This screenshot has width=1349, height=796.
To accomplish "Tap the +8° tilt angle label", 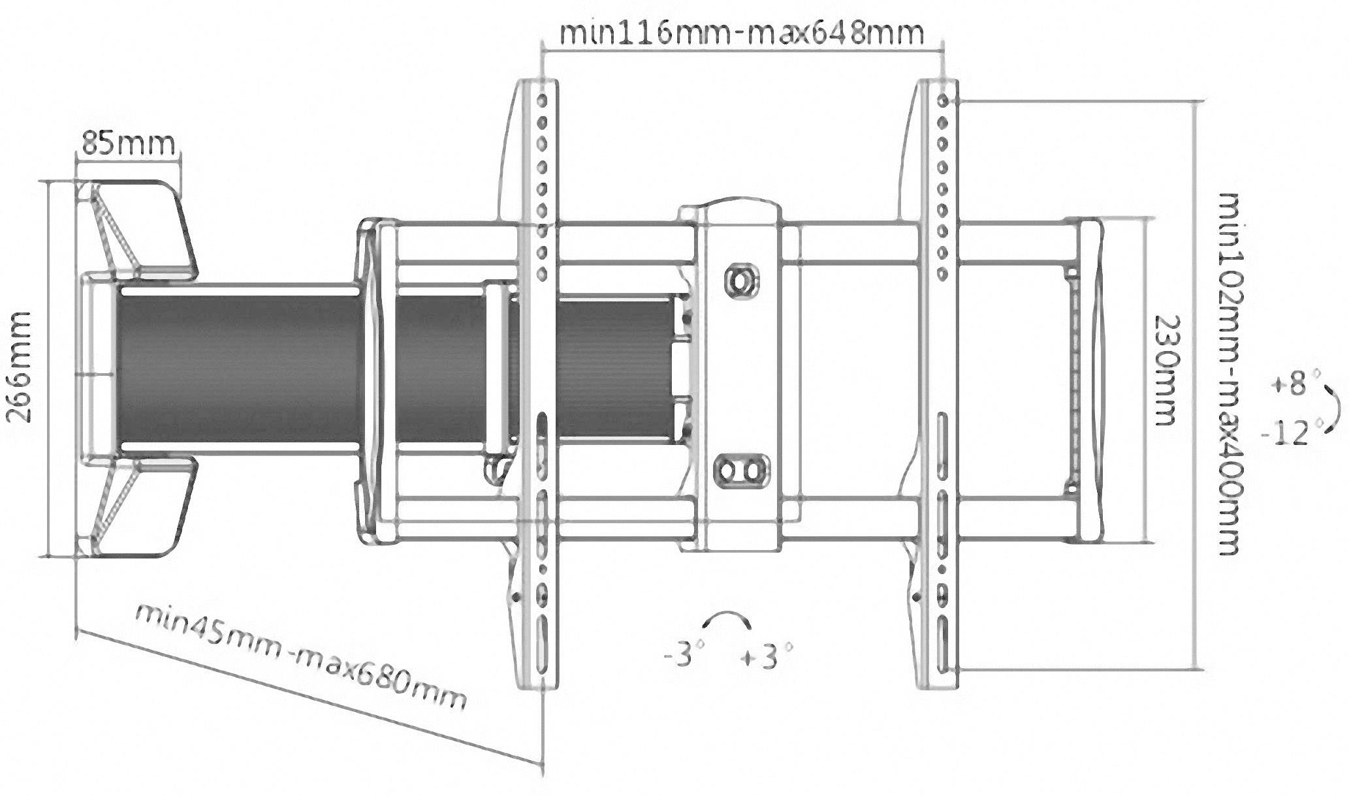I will click(1288, 383).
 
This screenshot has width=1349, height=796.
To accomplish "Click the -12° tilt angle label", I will click(1285, 433).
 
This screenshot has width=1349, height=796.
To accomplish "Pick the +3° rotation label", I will click(766, 656).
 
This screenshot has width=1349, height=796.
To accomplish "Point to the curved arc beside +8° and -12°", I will click(1332, 407).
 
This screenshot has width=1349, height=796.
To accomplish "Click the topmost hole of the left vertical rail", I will click(541, 100).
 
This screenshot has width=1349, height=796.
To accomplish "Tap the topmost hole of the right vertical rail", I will click(942, 101).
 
